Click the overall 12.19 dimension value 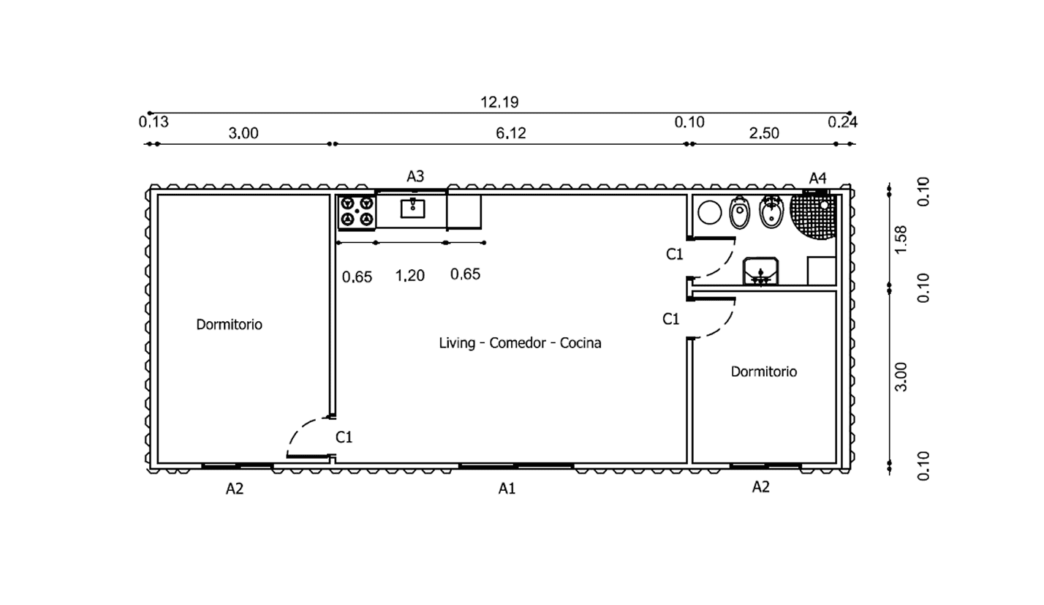click(x=499, y=102)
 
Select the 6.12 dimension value click(x=510, y=132)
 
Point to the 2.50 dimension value click(x=764, y=132)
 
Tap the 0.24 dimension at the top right click(x=842, y=122)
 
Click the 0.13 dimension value click(x=154, y=122)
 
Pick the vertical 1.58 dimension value click(x=901, y=239)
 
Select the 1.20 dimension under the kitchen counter click(x=409, y=275)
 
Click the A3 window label click(x=415, y=176)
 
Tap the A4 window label click(x=817, y=178)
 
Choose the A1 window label click(x=507, y=488)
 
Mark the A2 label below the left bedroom click(x=234, y=489)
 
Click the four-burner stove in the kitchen click(x=357, y=211)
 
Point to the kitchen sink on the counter click(x=413, y=208)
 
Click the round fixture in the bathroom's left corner click(x=709, y=213)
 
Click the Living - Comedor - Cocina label click(x=520, y=342)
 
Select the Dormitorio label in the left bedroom click(x=229, y=324)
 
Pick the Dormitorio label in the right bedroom click(x=764, y=372)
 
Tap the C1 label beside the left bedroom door click(x=344, y=437)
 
